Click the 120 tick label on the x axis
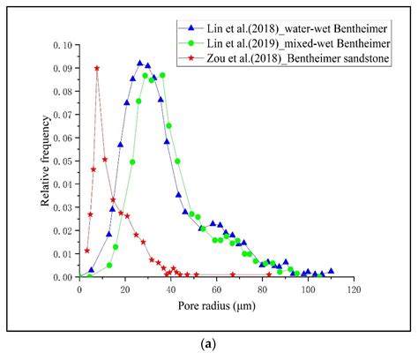[354, 289]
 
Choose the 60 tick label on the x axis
[217, 289]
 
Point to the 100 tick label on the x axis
[308, 289]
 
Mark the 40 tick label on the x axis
[171, 289]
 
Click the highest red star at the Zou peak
[97, 68]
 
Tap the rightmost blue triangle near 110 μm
[331, 271]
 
